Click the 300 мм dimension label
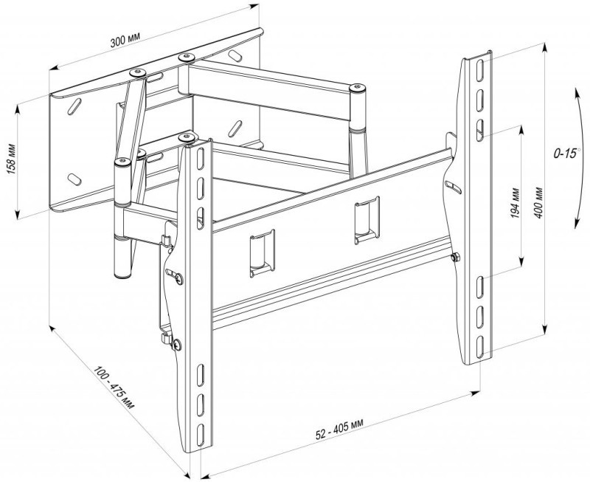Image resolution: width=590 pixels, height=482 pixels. tap(125, 39)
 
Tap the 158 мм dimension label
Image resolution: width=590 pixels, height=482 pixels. tap(11, 159)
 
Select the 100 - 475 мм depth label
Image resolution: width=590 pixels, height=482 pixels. tap(114, 388)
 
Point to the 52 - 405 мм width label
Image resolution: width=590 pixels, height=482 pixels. tap(339, 430)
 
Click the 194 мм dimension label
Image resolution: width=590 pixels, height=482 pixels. tap(515, 203)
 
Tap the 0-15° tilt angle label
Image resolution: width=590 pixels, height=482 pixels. tap(566, 153)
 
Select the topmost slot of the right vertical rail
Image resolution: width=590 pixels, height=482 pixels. tap(481, 70)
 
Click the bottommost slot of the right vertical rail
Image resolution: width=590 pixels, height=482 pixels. tap(480, 347)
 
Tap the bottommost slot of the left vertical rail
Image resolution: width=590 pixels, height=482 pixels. tap(200, 435)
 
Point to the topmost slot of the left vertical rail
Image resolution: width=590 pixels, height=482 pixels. tap(201, 159)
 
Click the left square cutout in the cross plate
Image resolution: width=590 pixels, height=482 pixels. tap(263, 253)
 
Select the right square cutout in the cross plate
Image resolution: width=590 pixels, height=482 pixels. tap(367, 220)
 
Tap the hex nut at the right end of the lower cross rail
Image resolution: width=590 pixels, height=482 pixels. tap(455, 257)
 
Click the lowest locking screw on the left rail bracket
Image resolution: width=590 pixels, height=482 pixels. tap(177, 344)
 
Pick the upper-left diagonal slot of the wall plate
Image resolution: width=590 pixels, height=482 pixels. tap(74, 106)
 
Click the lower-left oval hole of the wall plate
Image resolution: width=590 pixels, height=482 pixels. tap(74, 179)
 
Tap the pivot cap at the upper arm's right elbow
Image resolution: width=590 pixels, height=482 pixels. tap(357, 88)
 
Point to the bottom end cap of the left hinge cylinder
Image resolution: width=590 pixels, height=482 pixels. tap(122, 275)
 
